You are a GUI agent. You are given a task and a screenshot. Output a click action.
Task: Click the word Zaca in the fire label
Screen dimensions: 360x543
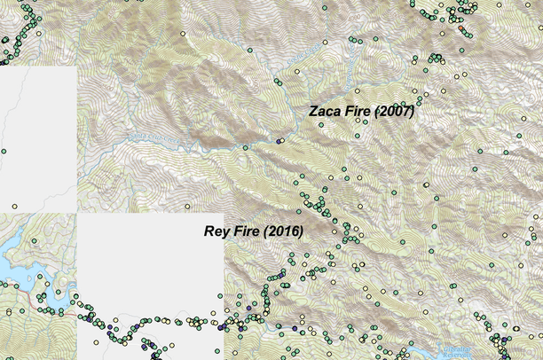324,112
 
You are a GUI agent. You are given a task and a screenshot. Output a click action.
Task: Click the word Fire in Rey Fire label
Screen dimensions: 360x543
248,231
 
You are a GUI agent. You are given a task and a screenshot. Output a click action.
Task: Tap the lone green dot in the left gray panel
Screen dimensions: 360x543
3,153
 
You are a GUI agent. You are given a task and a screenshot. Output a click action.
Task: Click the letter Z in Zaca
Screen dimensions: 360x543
312,112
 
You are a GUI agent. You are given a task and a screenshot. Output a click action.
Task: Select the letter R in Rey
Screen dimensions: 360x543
209,231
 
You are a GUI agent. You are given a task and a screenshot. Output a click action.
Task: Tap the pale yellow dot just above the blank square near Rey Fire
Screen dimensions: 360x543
187,207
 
